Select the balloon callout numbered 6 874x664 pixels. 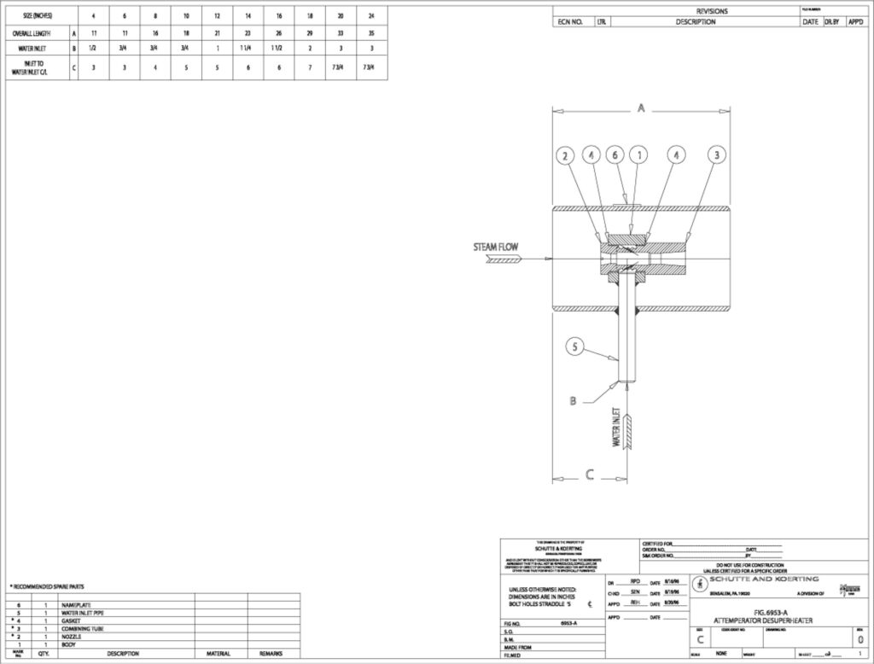coord(615,155)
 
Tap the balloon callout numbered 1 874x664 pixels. coord(638,155)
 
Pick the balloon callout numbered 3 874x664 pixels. coord(718,155)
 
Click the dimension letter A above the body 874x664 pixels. coord(641,108)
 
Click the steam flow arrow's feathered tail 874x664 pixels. coord(504,261)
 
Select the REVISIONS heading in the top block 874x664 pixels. coord(713,11)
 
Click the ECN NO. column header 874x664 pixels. coord(570,22)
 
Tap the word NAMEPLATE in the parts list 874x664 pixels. coord(78,604)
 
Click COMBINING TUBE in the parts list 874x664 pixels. coord(83,629)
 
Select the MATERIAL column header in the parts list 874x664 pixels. coord(218,654)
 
